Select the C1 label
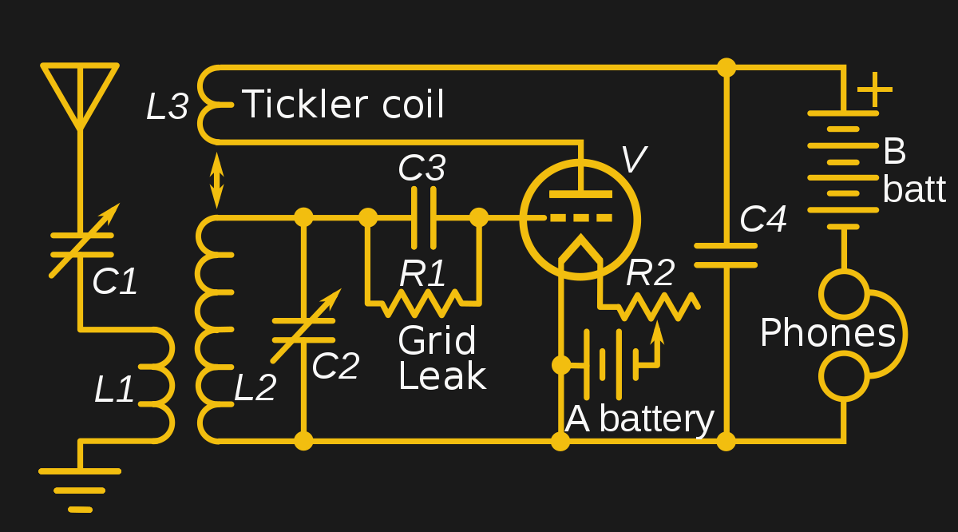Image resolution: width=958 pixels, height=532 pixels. tap(115, 281)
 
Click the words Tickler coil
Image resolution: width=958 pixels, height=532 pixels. tap(342, 105)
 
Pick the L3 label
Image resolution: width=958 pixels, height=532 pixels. tap(167, 107)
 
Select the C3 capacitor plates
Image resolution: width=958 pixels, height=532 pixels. tap(423, 217)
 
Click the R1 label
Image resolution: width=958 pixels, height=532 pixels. tap(423, 273)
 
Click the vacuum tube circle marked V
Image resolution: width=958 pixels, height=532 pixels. tap(580, 219)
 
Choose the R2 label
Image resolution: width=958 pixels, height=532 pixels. tap(650, 273)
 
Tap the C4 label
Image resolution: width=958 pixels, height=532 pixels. tap(763, 219)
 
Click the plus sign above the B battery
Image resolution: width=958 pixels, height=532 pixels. tap(875, 89)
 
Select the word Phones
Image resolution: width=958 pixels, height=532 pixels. tap(827, 333)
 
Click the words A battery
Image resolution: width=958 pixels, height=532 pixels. tap(639, 419)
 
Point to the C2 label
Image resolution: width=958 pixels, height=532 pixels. tap(335, 366)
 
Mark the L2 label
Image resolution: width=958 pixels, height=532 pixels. tap(255, 388)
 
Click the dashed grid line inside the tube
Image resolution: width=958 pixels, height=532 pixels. tap(580, 218)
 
